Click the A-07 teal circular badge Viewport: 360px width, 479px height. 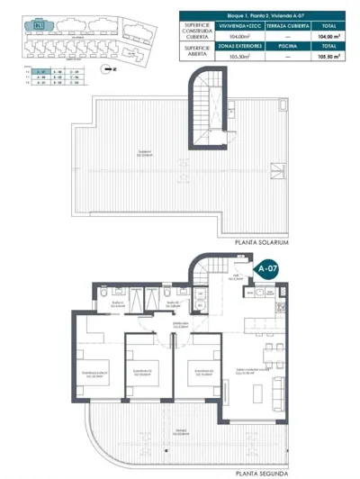[267, 268]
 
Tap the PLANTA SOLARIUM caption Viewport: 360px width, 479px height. [262, 242]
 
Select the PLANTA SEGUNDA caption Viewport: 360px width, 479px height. [261, 473]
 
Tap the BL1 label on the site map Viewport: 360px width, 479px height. [39, 25]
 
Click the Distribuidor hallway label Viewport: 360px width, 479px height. [179, 324]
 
